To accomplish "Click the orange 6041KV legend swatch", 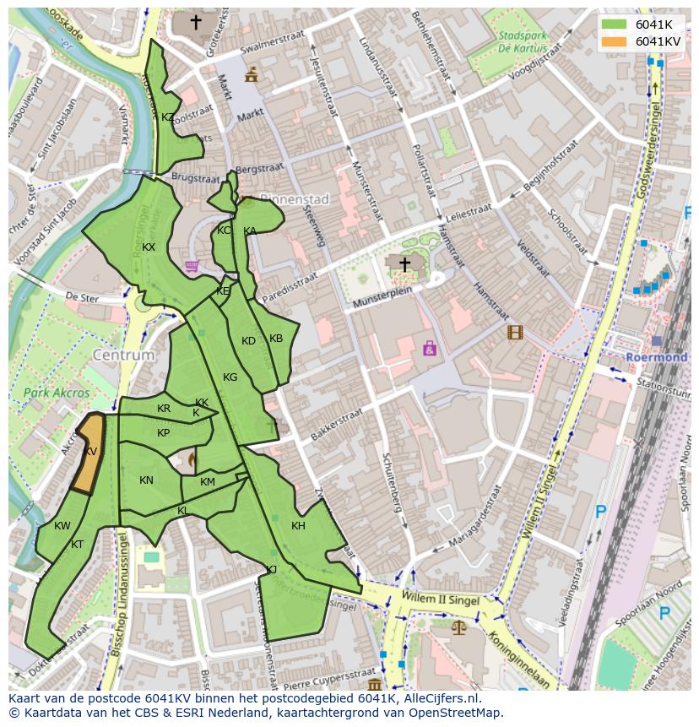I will (614, 41).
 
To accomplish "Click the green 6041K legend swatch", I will (614, 24).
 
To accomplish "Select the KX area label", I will (149, 247).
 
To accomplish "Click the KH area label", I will (298, 526).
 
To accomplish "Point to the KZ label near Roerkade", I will (168, 117).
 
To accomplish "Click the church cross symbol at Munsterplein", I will (404, 265).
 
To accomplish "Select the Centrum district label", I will (124, 355).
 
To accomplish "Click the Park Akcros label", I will (56, 393).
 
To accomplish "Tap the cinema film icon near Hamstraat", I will (515, 332).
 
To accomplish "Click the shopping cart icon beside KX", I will (192, 266).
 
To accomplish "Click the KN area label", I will (146, 480).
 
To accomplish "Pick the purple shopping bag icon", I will (430, 347).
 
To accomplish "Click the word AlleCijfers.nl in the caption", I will (439, 698).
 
